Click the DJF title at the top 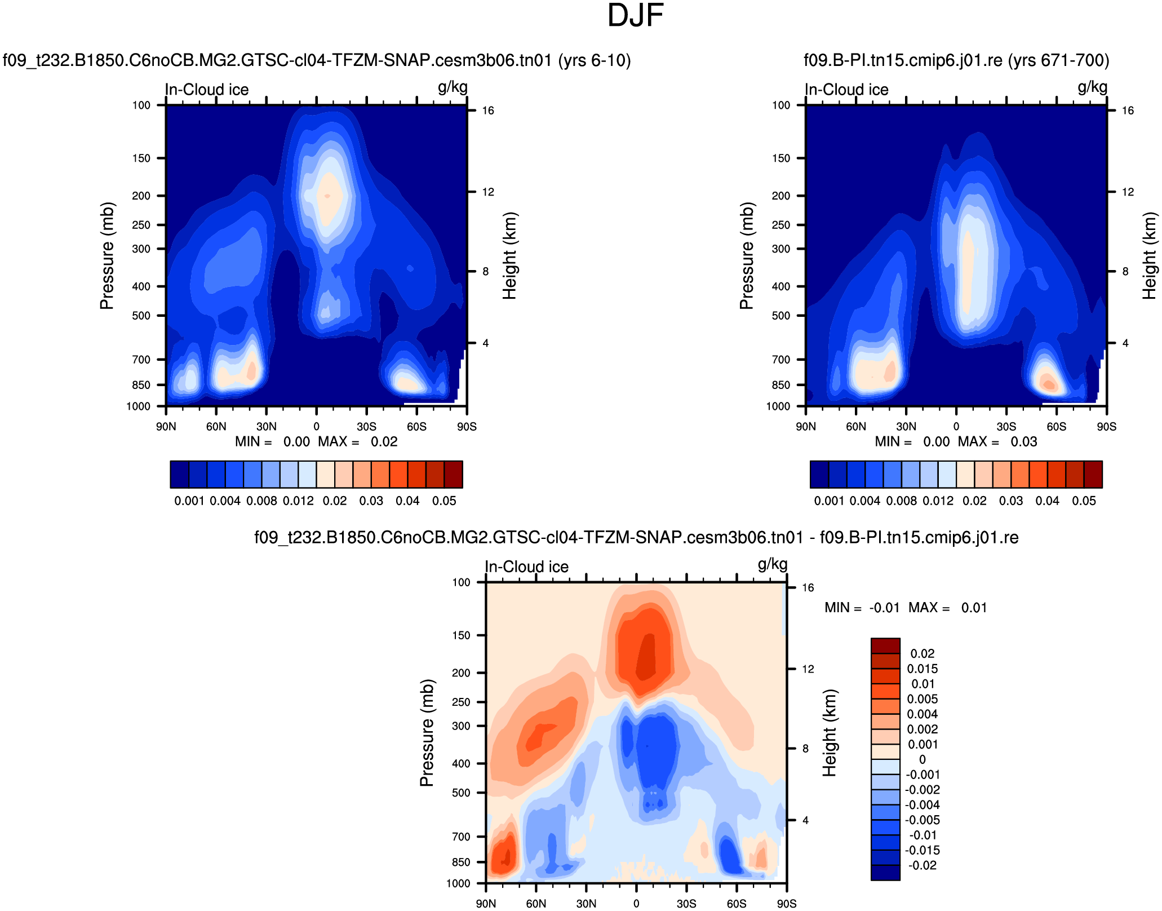pos(635,16)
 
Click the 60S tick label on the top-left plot pos(416,427)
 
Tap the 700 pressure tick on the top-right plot pos(780,360)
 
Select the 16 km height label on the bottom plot pos(808,587)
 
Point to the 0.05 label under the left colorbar pos(444,501)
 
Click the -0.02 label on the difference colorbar pos(922,865)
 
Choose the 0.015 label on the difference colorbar pos(922,669)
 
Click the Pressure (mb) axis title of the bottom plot pos(427,733)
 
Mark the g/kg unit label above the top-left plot pos(453,87)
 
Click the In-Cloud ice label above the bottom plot pos(526,567)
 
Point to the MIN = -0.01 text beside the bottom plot pos(862,608)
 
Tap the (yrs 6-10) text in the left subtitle pos(595,60)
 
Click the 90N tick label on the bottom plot pos(486,904)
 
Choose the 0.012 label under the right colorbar pos(938,501)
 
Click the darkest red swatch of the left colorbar pos(453,474)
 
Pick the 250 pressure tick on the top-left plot pos(141,225)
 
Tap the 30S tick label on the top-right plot pos(1006,427)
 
